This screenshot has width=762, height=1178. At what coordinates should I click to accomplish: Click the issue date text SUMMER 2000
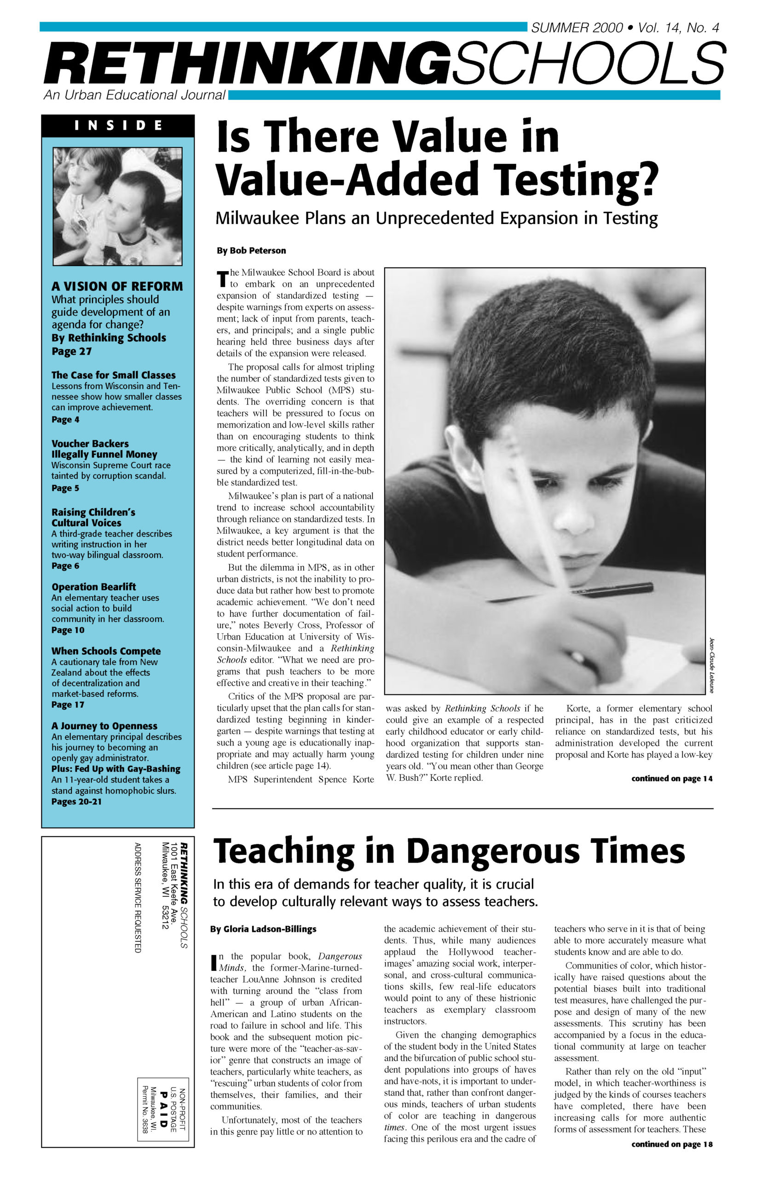click(x=577, y=28)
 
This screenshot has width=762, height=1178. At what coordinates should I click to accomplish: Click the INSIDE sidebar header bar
click(x=118, y=126)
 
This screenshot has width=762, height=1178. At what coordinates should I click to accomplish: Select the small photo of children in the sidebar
click(x=117, y=206)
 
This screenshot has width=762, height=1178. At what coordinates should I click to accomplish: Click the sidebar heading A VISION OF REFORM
click(x=117, y=287)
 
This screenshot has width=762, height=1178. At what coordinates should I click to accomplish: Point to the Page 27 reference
click(x=71, y=351)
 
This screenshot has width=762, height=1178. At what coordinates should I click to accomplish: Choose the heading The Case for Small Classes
click(x=113, y=375)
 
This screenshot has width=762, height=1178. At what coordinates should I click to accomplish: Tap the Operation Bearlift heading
click(x=93, y=587)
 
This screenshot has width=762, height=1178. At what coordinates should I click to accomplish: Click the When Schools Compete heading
click(x=106, y=651)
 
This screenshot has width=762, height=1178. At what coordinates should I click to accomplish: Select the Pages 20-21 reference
click(x=76, y=802)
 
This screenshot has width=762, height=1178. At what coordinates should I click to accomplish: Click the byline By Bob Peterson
click(x=251, y=251)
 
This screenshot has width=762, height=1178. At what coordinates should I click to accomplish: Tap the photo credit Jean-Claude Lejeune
click(x=711, y=665)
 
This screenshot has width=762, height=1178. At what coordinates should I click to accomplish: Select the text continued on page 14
click(x=671, y=779)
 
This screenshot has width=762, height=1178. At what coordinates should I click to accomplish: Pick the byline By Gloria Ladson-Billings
click(x=263, y=929)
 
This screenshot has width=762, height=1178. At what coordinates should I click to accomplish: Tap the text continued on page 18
click(x=671, y=1144)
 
